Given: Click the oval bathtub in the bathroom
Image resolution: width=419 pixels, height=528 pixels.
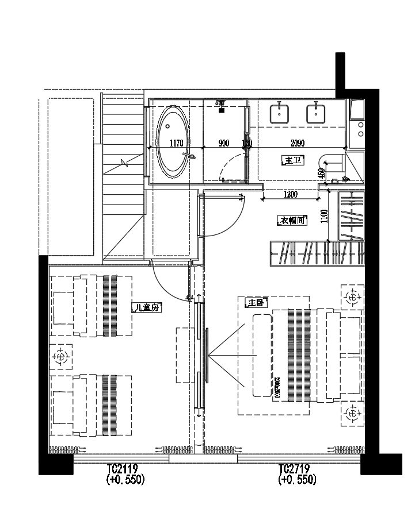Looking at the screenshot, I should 172,141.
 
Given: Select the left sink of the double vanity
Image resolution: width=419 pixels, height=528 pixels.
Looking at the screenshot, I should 281,113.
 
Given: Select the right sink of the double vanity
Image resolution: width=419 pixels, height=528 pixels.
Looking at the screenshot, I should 316,113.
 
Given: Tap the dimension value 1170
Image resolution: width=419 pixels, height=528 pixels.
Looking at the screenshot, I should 176,144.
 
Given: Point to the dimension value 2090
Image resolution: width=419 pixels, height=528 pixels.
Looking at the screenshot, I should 298,144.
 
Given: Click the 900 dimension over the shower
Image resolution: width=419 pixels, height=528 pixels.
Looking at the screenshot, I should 223,144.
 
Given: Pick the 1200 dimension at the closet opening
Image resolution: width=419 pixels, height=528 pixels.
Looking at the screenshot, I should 291,195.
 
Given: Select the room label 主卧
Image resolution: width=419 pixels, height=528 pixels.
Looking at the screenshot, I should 256,302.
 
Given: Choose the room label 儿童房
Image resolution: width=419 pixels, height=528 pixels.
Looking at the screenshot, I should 146,307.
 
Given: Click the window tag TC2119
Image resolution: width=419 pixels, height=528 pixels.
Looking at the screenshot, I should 122,468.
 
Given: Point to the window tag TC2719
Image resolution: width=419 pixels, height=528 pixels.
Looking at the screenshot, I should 296,468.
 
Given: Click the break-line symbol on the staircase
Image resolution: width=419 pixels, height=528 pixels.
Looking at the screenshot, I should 124,163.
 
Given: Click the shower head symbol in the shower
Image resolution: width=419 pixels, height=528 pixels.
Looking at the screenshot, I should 221,103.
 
